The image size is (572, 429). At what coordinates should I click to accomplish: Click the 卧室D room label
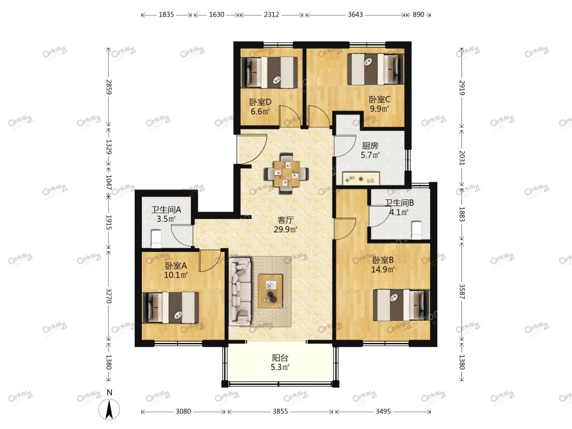click(x=260, y=102)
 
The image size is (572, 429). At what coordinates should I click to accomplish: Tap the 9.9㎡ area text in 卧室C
click(x=379, y=109)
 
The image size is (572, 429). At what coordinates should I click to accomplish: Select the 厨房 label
click(x=370, y=146)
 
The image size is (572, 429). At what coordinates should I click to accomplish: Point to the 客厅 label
click(x=285, y=220)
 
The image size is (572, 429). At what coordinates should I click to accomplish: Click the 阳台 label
click(x=280, y=358)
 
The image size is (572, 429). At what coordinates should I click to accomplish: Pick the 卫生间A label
click(x=166, y=210)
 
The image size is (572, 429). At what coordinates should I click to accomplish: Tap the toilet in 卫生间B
click(x=417, y=230)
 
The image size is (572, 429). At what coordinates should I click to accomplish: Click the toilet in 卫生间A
click(x=156, y=239)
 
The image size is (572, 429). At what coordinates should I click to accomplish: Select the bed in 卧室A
click(x=170, y=307)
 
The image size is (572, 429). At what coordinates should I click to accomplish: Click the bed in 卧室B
click(x=401, y=305)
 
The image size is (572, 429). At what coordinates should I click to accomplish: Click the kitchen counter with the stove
click(x=361, y=178)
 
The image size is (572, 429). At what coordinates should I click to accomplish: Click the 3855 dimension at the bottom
click(x=280, y=412)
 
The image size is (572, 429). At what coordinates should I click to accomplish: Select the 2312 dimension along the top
click(x=271, y=15)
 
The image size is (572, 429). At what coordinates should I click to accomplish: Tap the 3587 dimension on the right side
click(x=461, y=292)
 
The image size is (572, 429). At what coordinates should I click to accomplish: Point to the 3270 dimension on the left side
click(x=109, y=295)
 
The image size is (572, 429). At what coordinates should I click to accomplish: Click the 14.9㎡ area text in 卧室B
click(x=383, y=270)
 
